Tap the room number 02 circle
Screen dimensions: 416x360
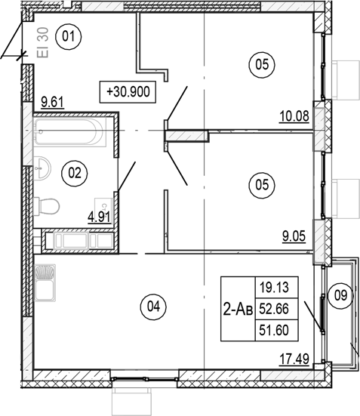[75, 173]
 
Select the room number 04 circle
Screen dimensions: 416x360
[153, 307]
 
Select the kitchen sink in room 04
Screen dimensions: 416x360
[45, 282]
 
